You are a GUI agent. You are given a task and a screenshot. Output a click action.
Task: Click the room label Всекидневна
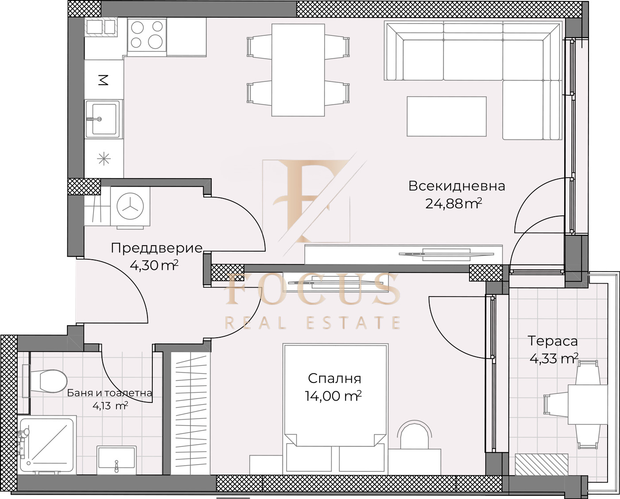click(x=457, y=186)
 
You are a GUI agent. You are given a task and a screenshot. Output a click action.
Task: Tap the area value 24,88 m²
click(x=453, y=204)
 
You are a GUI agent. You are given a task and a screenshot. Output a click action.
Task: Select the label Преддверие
click(x=157, y=248)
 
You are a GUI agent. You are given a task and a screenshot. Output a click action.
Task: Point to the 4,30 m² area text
click(x=154, y=265)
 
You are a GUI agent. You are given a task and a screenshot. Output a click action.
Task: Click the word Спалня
click(x=334, y=379)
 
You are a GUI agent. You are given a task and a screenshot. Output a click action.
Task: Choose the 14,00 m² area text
click(x=333, y=396)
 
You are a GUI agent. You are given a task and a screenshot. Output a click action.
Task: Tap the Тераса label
click(x=553, y=341)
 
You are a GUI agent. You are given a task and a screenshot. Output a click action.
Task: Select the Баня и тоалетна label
click(x=109, y=393)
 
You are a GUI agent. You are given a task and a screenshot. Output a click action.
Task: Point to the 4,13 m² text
click(x=110, y=406)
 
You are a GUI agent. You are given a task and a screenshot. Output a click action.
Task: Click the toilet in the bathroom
click(x=45, y=381)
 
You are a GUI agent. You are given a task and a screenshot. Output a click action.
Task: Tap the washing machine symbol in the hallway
click(x=130, y=207)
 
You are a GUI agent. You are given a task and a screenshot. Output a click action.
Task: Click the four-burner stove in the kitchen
click(x=147, y=35)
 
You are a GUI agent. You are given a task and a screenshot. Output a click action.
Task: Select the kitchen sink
click(x=103, y=119)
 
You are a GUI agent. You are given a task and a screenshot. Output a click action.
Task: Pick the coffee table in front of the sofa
click(x=446, y=117)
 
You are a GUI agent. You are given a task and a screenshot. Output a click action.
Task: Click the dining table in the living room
click(x=298, y=70)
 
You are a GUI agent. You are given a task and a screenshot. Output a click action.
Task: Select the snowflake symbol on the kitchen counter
click(x=104, y=160)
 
